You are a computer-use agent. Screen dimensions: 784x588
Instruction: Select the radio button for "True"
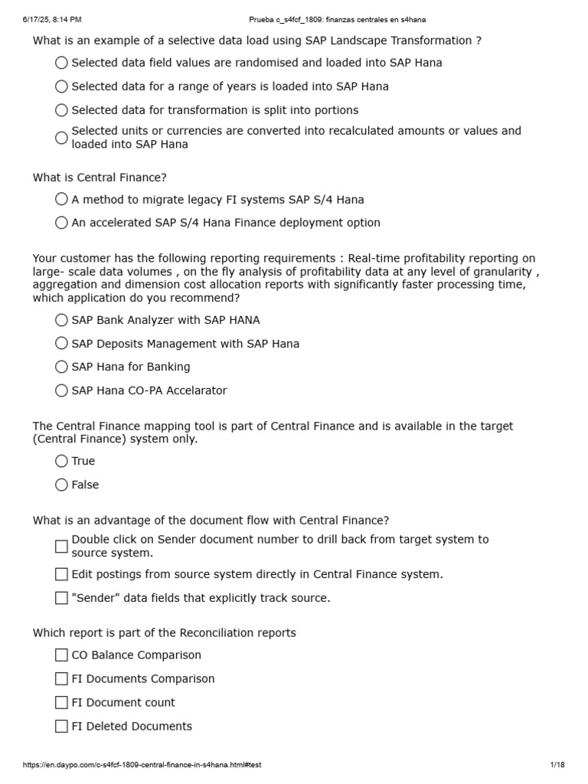pyautogui.click(x=62, y=461)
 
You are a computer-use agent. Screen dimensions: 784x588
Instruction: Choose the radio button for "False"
pyautogui.click(x=62, y=485)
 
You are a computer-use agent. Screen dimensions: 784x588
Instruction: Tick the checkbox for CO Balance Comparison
pyautogui.click(x=62, y=655)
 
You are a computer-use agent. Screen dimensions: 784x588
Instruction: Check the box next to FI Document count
pyautogui.click(x=62, y=703)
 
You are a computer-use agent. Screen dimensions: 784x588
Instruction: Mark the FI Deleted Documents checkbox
pyautogui.click(x=62, y=727)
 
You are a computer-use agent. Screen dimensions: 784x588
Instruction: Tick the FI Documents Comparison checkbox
pyautogui.click(x=62, y=679)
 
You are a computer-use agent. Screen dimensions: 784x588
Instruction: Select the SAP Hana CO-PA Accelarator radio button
pyautogui.click(x=62, y=390)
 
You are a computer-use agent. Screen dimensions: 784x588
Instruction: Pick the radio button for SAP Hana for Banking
pyautogui.click(x=62, y=367)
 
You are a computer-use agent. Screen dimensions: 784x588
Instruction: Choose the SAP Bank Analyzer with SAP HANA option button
pyautogui.click(x=62, y=320)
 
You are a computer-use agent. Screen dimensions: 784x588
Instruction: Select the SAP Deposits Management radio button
pyautogui.click(x=62, y=344)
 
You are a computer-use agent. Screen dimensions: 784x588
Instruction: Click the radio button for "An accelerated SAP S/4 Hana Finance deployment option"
pyautogui.click(x=62, y=223)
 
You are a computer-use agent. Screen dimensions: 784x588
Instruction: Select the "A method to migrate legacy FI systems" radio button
pyautogui.click(x=62, y=200)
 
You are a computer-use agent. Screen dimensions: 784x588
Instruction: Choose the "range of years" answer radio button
pyautogui.click(x=62, y=87)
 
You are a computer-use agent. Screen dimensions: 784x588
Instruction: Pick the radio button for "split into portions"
pyautogui.click(x=62, y=110)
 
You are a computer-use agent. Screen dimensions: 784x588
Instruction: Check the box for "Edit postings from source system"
pyautogui.click(x=62, y=574)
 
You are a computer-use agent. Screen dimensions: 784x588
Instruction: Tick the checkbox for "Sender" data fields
pyautogui.click(x=62, y=598)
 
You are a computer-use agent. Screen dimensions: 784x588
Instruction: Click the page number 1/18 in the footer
pyautogui.click(x=557, y=765)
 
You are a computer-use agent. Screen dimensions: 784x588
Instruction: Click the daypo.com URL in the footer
pyautogui.click(x=142, y=765)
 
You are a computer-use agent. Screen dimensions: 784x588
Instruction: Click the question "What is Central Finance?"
pyautogui.click(x=100, y=178)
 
